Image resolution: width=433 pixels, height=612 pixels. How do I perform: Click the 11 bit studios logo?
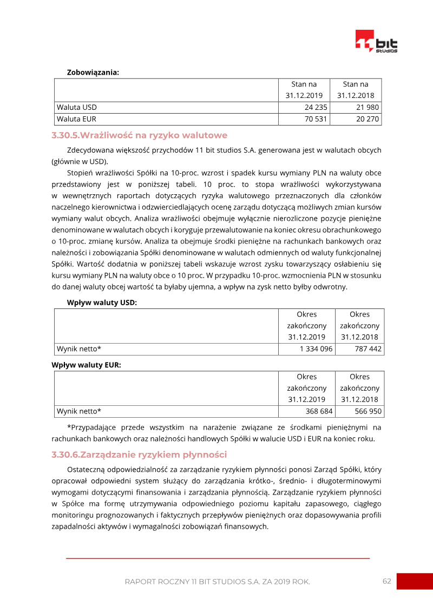click(376, 42)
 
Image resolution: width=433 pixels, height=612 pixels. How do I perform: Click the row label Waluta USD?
click(77, 107)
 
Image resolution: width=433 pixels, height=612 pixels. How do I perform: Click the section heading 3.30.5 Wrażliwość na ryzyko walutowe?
click(139, 135)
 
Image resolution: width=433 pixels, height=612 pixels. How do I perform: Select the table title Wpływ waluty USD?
click(102, 302)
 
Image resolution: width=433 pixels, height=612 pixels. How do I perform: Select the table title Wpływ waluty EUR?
click(86, 365)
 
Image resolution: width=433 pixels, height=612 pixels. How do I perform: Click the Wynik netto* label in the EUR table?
click(79, 411)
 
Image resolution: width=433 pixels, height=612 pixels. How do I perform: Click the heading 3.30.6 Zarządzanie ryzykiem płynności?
click(139, 455)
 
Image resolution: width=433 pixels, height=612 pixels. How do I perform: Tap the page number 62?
click(386, 581)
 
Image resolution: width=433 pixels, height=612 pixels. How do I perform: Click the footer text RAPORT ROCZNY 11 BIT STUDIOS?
click(217, 582)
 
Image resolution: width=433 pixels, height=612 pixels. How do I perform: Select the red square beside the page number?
click(415, 581)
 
